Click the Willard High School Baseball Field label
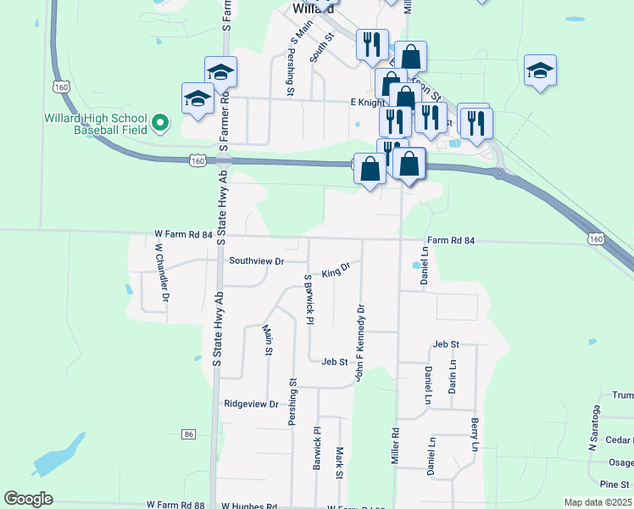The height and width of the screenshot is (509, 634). coord(98,125)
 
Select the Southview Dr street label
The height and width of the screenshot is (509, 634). coord(256,261)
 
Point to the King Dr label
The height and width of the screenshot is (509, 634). coord(336,270)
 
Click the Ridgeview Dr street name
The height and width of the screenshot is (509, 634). coord(251,404)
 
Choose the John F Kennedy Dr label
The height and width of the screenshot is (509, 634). coord(360,342)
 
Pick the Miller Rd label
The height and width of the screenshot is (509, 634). coord(395,444)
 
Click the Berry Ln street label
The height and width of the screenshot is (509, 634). coord(475,434)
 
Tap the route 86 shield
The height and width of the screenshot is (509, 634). coord(188,433)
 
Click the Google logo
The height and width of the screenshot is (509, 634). coord(29,499)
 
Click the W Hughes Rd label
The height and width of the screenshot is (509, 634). coord(249,506)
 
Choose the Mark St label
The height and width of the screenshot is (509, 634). coord(339,463)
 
